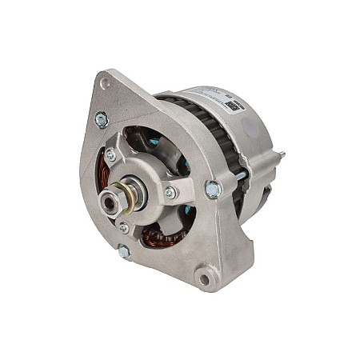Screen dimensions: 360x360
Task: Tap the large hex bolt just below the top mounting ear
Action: click(102, 120)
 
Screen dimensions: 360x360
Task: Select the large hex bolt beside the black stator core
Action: click(213, 189)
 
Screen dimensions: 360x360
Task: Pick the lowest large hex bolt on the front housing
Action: click(124, 252)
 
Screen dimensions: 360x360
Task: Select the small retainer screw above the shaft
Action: click(110, 154)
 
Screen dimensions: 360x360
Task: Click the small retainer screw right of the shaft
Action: click(170, 192)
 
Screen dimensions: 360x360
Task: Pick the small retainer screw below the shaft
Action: click(123, 228)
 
